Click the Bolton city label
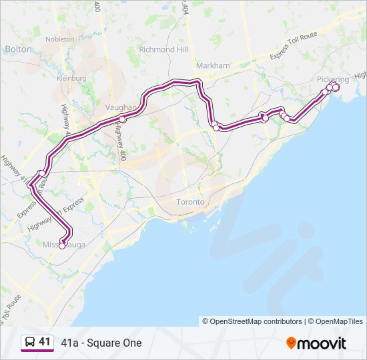coord(18,49)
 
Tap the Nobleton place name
coord(61,39)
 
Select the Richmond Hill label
coord(163,49)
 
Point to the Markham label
coord(213,65)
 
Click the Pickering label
coord(332,79)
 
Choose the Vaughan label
coord(121,107)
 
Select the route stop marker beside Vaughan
coord(123,119)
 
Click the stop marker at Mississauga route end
coord(62,245)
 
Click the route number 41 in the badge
coord(45,342)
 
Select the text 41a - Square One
coord(101,343)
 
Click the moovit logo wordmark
coord(322,343)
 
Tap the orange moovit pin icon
coord(291,343)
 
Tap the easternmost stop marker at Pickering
coord(336,87)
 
